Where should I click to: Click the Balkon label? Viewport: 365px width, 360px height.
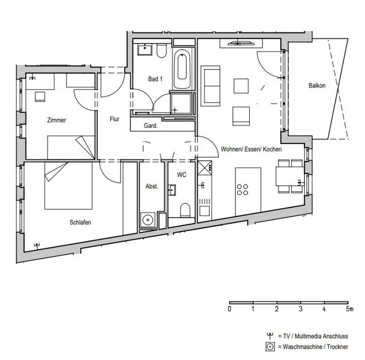(x=317, y=85)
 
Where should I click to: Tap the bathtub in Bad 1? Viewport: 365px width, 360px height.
(x=182, y=68)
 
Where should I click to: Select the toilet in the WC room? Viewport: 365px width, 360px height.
(x=186, y=210)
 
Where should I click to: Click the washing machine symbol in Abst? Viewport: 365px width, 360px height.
(x=148, y=220)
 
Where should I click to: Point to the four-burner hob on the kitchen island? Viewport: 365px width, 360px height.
(x=243, y=190)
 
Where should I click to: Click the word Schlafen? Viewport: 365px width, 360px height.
(x=80, y=222)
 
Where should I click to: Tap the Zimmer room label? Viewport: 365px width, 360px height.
(x=56, y=120)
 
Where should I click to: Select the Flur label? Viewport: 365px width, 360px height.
(x=114, y=119)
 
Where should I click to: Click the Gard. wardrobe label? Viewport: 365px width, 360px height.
(x=151, y=125)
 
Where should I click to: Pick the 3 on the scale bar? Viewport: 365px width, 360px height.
(x=300, y=309)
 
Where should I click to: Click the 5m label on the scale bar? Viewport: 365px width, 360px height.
(x=349, y=309)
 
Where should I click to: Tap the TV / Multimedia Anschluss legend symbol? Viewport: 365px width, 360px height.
(x=270, y=336)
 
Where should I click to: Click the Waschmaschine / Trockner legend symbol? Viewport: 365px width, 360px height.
(x=270, y=347)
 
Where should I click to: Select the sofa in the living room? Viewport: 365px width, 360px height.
(x=211, y=86)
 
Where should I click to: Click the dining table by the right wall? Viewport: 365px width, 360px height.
(x=290, y=176)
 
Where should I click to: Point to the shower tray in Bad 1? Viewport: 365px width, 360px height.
(x=181, y=104)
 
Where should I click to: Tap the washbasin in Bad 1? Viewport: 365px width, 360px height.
(x=145, y=50)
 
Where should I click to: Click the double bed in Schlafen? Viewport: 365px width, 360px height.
(x=68, y=185)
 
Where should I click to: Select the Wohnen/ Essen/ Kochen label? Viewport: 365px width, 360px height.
(x=251, y=149)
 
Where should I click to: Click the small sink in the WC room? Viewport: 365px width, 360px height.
(x=172, y=190)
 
